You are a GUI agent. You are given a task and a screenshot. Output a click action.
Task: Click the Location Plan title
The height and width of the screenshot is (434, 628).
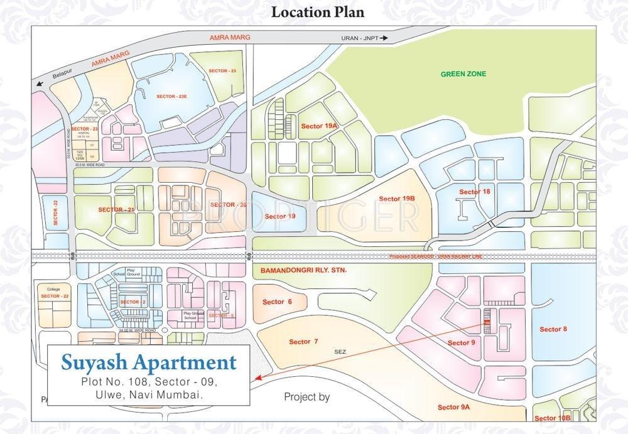(317, 11)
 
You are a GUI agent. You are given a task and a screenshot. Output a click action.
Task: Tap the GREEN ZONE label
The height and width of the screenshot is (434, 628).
(463, 74)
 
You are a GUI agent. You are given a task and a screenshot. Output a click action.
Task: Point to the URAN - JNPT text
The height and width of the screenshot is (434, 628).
(360, 38)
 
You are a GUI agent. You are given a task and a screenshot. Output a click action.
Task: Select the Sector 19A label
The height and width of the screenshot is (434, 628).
(320, 126)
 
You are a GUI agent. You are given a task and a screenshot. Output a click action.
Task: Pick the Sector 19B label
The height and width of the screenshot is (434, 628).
(397, 199)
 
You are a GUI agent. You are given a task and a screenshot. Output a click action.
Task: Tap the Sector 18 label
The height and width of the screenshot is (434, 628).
(474, 192)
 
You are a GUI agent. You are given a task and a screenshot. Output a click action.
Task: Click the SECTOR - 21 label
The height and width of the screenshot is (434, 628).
(116, 209)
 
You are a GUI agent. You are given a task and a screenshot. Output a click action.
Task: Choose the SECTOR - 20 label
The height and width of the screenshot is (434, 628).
(228, 205)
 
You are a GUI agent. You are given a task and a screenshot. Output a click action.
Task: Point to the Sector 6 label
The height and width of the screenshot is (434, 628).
(277, 302)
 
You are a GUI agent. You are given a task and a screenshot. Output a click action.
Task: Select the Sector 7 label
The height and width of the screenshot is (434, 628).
(303, 342)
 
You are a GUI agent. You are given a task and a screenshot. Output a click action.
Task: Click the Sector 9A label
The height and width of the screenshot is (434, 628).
(453, 408)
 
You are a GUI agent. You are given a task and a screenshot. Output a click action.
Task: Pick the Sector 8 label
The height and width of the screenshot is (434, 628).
(553, 329)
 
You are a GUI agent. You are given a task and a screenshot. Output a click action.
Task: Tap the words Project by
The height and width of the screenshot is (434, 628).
(306, 397)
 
